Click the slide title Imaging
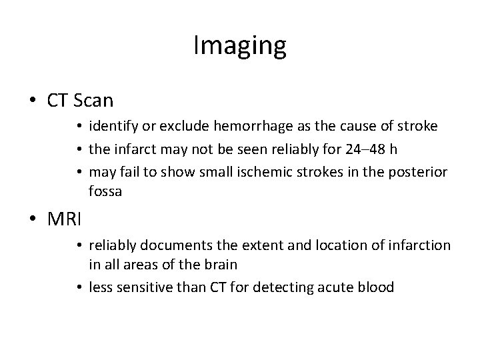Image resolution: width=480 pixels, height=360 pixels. (240, 46)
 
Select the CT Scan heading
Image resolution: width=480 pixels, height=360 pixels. (80, 101)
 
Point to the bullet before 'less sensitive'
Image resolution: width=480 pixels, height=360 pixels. (79, 288)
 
